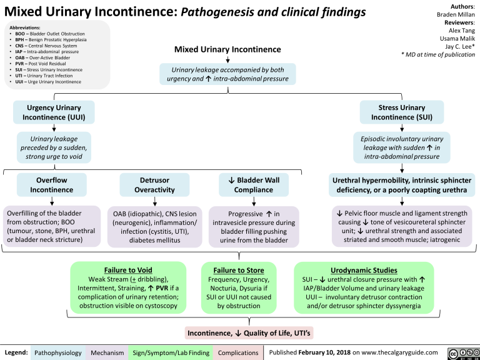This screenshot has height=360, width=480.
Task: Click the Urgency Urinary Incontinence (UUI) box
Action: click(51, 112)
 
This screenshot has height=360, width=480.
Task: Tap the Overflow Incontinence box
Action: click(51, 185)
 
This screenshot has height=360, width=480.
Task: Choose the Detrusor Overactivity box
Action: click(154, 185)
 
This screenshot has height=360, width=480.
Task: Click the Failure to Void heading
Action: click(128, 269)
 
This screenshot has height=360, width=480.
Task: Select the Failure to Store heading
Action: click(239, 269)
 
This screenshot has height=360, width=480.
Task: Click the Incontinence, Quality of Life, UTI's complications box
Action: click(250, 331)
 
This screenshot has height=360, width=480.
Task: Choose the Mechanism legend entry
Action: click(107, 352)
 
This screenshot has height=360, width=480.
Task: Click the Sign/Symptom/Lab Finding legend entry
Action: click(169, 352)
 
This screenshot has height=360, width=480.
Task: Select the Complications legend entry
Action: click(238, 352)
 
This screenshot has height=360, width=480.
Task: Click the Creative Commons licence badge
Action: click(462, 352)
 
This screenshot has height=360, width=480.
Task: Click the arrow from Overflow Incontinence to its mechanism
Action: click(51, 200)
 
